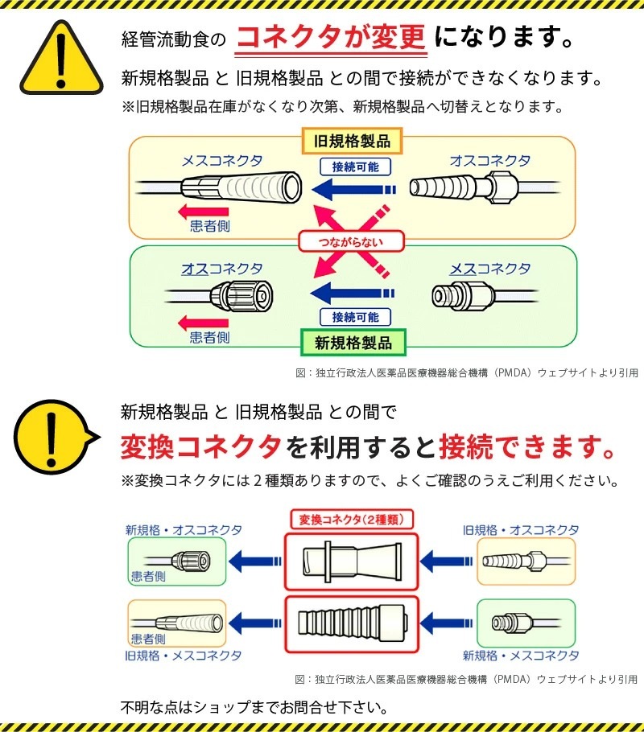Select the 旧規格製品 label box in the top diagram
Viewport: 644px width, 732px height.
pos(352,142)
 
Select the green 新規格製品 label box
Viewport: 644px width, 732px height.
pos(353,343)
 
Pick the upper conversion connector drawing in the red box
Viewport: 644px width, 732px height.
pos(352,560)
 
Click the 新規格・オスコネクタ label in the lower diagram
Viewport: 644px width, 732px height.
pos(183,530)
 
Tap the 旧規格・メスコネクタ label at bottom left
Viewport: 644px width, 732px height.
pos(183,656)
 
